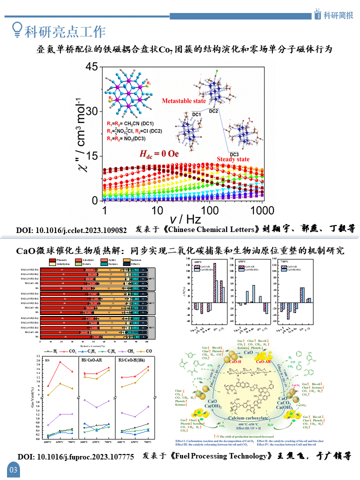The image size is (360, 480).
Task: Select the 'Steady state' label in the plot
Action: point(233,159)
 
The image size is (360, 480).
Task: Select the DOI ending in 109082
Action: point(71,230)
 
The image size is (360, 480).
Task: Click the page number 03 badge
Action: point(13,469)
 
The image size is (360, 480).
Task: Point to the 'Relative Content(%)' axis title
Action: point(93,345)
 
